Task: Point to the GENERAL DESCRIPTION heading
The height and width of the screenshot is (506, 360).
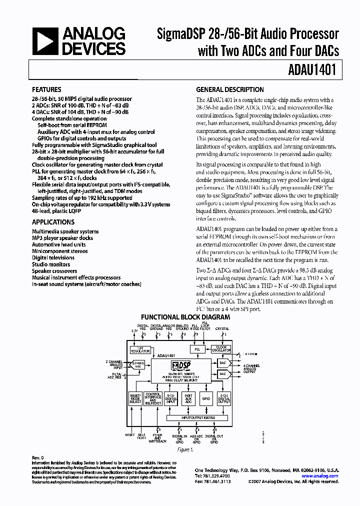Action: (230, 90)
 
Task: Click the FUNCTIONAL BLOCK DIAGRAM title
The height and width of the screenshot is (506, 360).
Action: (185, 317)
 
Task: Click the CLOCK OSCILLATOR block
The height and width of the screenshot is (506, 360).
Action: (220, 348)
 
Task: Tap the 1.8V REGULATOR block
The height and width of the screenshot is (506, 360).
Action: (140, 349)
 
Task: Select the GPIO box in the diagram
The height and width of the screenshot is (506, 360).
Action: (205, 399)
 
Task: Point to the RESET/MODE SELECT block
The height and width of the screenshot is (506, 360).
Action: (134, 398)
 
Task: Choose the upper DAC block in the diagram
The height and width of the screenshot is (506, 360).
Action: (223, 362)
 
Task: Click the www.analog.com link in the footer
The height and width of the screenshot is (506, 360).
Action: (319, 476)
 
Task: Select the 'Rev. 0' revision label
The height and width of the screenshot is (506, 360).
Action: (38, 457)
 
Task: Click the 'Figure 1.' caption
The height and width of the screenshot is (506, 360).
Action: (185, 449)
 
